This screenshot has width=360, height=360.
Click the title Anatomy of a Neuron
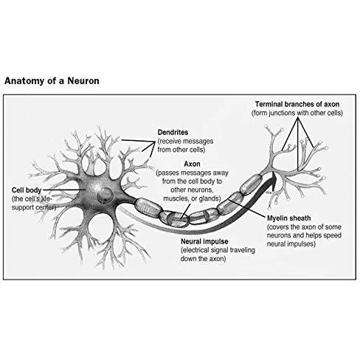point(52,81)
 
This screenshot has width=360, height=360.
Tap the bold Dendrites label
point(173,132)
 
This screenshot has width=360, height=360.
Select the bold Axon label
point(192,164)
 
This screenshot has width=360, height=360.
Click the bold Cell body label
point(27,190)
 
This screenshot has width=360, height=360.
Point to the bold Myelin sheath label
point(288,218)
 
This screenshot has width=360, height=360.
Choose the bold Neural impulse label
point(204,241)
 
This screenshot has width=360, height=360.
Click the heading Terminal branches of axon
point(297,104)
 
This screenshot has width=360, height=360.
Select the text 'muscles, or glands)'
point(192,198)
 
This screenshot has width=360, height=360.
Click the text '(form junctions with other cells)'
point(297,113)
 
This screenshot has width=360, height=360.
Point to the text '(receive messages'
point(185,141)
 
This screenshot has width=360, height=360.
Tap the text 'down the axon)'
point(203,259)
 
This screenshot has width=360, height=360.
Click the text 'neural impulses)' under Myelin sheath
point(291,244)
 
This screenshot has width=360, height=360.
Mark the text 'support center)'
point(34,207)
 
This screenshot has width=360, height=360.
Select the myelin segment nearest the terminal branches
point(251,184)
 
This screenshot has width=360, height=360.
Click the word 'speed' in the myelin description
point(332,235)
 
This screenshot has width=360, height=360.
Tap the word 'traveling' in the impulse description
point(243,250)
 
